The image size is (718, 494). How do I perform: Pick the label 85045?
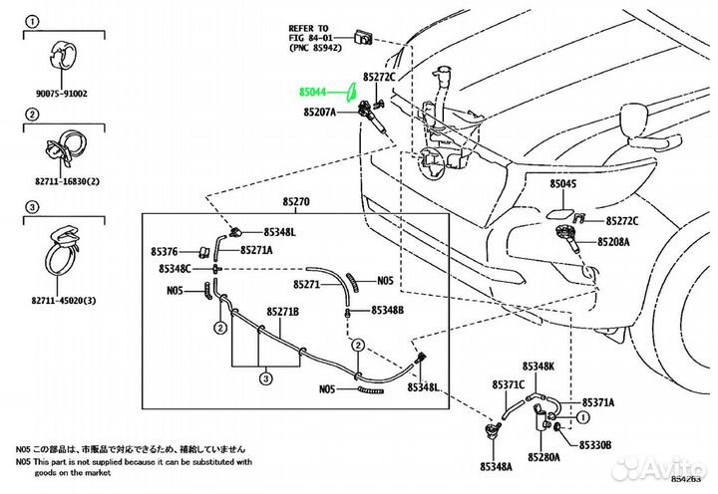563,184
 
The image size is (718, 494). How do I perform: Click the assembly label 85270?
296,201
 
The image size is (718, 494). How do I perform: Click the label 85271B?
281,312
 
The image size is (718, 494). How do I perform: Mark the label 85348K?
537,367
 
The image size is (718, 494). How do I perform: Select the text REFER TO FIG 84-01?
310,38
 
